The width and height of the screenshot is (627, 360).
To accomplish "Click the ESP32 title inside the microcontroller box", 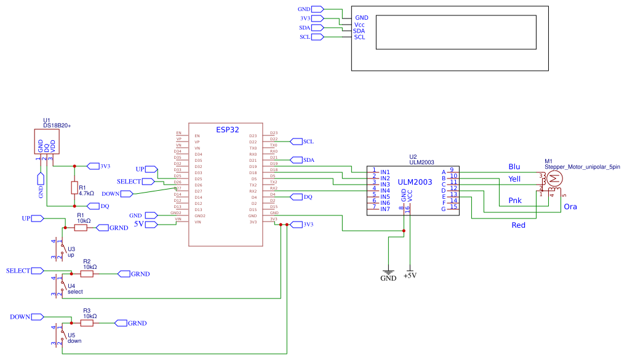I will click(x=227, y=130).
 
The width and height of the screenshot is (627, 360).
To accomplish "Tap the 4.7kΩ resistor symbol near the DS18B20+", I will click(x=74, y=187).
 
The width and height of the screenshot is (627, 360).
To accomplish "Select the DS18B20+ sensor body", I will click(x=47, y=142).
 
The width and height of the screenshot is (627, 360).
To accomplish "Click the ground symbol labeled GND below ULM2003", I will click(x=388, y=272).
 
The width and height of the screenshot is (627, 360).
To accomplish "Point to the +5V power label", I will click(x=410, y=276).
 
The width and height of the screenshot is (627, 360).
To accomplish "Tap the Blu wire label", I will click(x=514, y=167).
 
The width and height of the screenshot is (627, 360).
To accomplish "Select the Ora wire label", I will click(x=570, y=207).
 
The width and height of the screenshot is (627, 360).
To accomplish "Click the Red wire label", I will click(x=519, y=225).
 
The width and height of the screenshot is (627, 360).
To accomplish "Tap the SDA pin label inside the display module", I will click(x=358, y=31).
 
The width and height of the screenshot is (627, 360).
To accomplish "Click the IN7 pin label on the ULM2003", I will click(x=385, y=209).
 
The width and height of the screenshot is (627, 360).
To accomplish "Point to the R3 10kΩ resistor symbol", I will click(x=87, y=322).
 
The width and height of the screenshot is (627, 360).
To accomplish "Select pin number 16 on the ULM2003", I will click(x=407, y=210).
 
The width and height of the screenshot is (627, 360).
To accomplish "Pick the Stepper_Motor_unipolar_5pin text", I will click(x=582, y=167).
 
